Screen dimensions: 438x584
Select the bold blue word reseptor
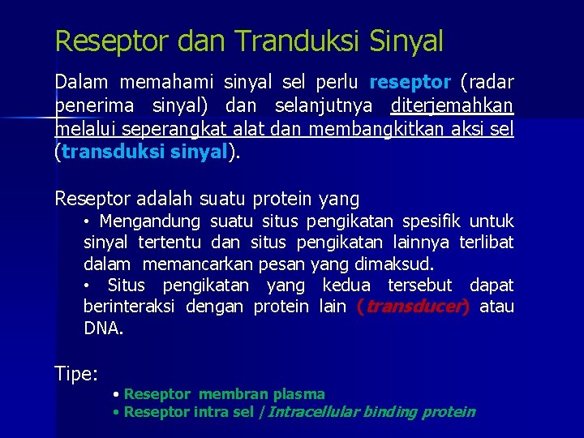410,83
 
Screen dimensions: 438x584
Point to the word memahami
159,83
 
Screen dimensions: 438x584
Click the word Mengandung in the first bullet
149,221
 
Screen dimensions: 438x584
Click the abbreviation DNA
104,328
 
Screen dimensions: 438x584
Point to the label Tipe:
76,374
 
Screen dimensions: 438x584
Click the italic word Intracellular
313,412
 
